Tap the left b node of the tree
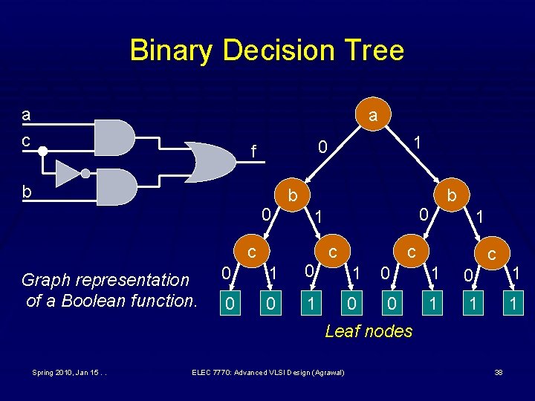[x=293, y=196]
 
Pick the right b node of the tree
[x=451, y=196]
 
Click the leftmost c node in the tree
[x=253, y=252]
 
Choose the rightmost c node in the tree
[x=491, y=254]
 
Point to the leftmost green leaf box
[x=230, y=303]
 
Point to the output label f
[x=253, y=153]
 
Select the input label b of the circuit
[x=27, y=192]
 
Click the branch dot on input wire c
[x=42, y=151]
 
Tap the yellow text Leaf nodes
[x=369, y=331]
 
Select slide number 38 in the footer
[x=499, y=372]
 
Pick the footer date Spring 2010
[x=49, y=372]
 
